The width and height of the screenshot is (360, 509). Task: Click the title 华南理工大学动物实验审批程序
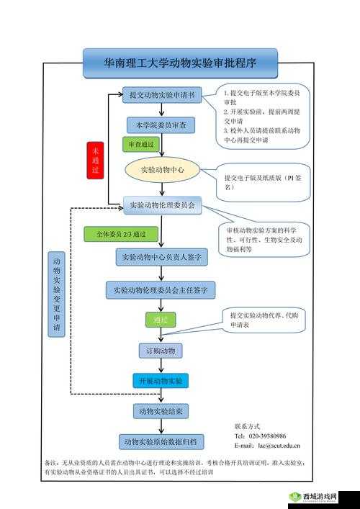tap(180, 63)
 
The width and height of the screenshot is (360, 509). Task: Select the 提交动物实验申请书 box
tap(161, 95)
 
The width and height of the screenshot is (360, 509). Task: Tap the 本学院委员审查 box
tap(161, 125)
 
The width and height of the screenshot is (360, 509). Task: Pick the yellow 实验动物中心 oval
tap(162, 170)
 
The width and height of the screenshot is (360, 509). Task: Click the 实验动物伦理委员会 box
tap(162, 206)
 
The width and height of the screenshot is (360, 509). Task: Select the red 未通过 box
tap(95, 160)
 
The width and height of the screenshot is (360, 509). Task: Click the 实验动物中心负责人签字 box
tap(162, 256)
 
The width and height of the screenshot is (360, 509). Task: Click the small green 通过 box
tap(160, 320)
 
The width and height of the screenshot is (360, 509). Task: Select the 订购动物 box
tap(161, 351)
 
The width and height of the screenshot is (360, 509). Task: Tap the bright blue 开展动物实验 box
tap(160, 381)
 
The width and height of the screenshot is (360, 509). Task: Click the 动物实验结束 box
tap(161, 411)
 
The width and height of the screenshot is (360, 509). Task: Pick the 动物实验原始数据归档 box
tap(161, 441)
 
